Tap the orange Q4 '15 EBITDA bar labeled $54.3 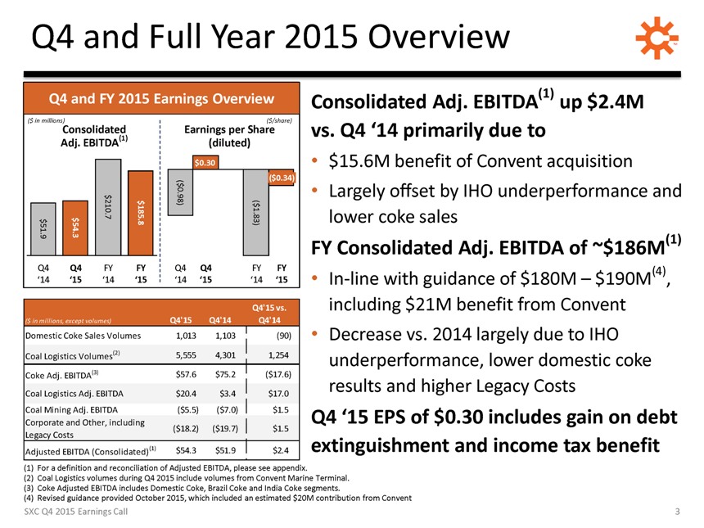click(75, 228)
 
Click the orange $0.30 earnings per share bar click(205, 162)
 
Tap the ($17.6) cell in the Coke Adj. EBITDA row click(274, 375)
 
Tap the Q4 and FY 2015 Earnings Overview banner click(161, 100)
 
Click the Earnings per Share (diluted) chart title click(229, 135)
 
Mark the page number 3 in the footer click(678, 512)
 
